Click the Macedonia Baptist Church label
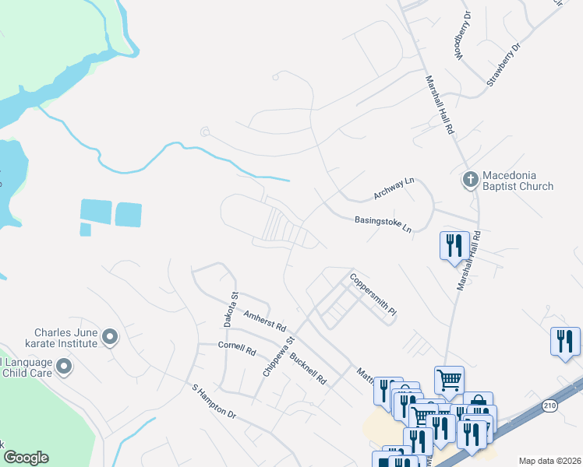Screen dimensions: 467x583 point(518,181)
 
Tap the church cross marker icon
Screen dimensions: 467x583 point(470,181)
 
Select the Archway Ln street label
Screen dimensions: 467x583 point(394,188)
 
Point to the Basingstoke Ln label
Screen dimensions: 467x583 point(383,224)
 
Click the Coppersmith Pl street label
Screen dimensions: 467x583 point(373,293)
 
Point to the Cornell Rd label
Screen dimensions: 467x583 point(237,348)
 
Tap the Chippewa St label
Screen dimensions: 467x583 point(279,356)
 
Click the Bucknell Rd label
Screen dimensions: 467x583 point(308,370)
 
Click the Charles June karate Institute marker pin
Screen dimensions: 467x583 point(110,337)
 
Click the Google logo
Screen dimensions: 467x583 point(26,458)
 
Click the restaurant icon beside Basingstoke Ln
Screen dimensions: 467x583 point(452,246)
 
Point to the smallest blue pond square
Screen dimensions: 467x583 point(85,230)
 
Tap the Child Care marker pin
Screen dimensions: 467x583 point(64,365)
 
